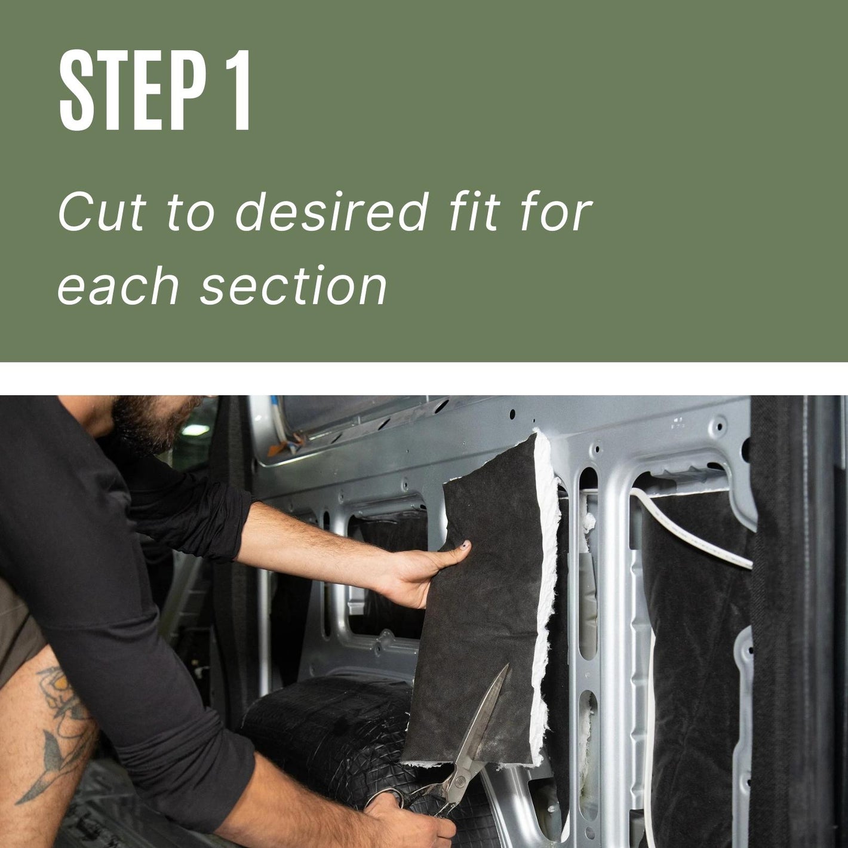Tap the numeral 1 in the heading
(x=236, y=90)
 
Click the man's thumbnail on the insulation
(x=465, y=546)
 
